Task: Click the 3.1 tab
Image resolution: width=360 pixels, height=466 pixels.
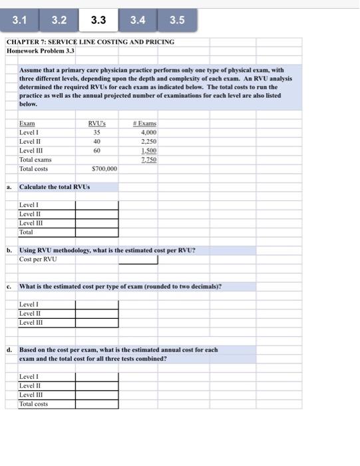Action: (x=20, y=20)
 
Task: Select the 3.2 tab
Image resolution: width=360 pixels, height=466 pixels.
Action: (x=59, y=20)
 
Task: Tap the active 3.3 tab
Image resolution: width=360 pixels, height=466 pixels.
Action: (x=98, y=20)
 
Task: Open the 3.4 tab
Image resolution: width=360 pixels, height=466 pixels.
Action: (x=138, y=20)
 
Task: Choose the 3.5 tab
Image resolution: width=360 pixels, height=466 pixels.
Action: (x=177, y=20)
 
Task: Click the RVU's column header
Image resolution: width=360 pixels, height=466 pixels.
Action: (x=97, y=123)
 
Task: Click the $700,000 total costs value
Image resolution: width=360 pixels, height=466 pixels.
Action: (x=104, y=169)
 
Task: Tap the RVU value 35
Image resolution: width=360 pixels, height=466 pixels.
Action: (x=96, y=132)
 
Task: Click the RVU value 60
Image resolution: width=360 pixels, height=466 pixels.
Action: (x=96, y=151)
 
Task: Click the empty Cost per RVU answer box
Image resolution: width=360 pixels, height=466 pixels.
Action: (x=116, y=260)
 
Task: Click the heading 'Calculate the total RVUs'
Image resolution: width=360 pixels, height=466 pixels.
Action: (x=55, y=186)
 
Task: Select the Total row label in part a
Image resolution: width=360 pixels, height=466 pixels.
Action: (x=27, y=232)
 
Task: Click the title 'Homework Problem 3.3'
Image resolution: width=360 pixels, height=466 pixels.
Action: (x=41, y=51)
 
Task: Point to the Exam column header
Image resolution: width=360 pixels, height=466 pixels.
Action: (x=27, y=123)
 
